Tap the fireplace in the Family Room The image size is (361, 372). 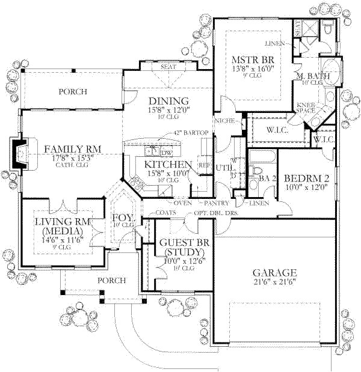20,154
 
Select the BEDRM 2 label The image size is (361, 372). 306,178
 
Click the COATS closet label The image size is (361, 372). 164,212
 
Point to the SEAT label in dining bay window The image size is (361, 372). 168,67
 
